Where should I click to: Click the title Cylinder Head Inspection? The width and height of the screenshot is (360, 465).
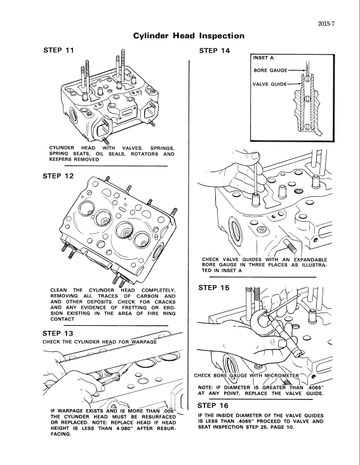[x=188, y=36]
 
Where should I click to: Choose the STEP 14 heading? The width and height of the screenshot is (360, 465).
[x=215, y=50]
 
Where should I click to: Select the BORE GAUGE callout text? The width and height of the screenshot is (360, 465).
[x=270, y=71]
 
